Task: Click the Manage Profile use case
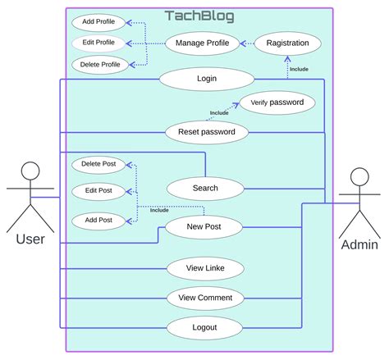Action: click(x=202, y=42)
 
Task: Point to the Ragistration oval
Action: click(x=287, y=42)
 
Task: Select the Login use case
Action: click(x=206, y=79)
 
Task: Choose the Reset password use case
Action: click(x=206, y=131)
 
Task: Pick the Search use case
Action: click(x=205, y=188)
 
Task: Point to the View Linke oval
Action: click(x=205, y=268)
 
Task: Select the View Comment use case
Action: click(x=205, y=298)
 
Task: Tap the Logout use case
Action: click(x=205, y=327)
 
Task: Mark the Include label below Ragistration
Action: click(x=299, y=69)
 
